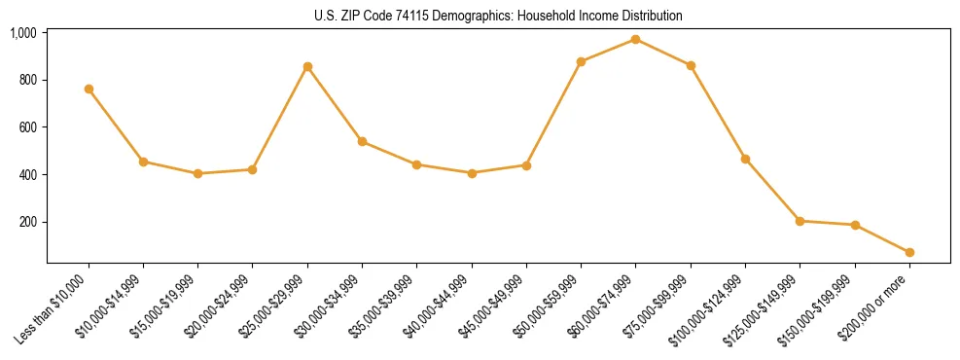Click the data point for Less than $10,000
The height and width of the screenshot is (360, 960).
pos(89,89)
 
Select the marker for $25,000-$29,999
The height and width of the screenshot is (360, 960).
pos(307,66)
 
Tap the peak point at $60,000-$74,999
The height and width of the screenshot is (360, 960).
pos(635,39)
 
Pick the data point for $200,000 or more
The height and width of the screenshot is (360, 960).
pos(909,252)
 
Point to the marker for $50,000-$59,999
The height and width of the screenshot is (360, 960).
pos(581,61)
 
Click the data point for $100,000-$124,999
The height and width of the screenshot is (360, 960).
pos(745,159)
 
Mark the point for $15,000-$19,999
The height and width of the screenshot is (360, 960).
pos(197,173)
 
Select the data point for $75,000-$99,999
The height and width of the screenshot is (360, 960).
pos(691,65)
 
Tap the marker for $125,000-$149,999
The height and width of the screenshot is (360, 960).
pos(800,221)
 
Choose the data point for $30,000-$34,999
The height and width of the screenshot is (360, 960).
pos(362,141)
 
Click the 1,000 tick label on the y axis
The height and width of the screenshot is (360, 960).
pos(23,33)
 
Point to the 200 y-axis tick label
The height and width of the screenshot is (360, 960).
pos(27,222)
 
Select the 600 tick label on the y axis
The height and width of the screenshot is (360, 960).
pos(27,127)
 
